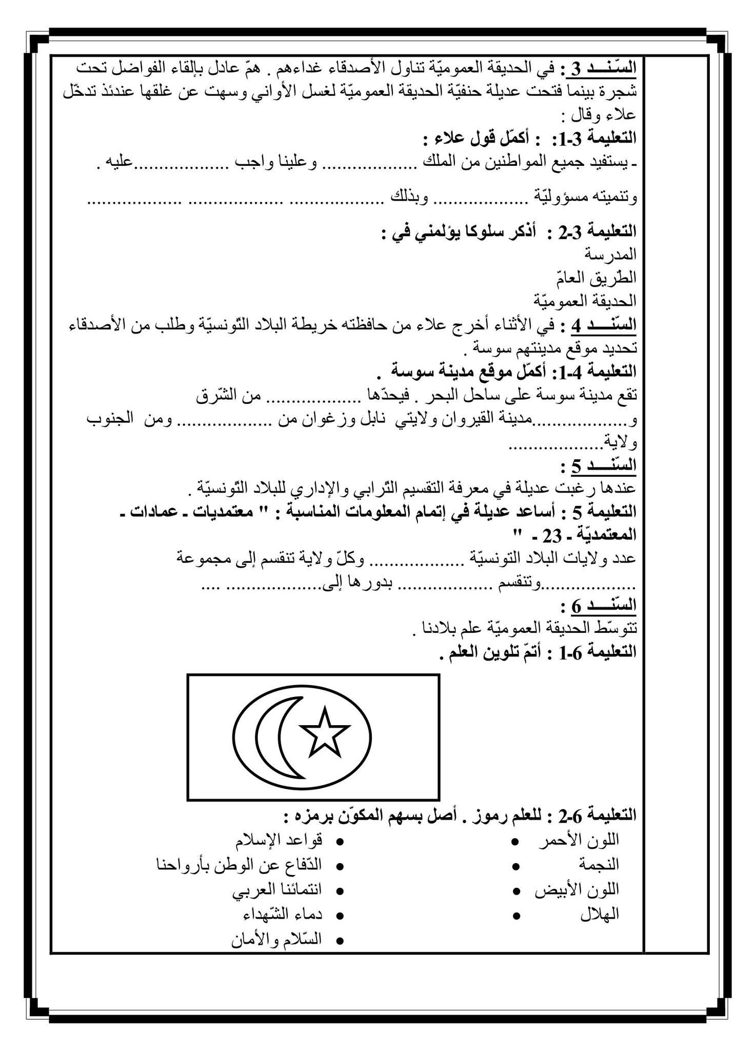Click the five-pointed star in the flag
[325, 731]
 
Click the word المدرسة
[610, 254]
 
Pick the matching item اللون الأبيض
[577, 889]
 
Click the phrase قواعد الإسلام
[279, 840]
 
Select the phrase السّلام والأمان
[277, 939]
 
